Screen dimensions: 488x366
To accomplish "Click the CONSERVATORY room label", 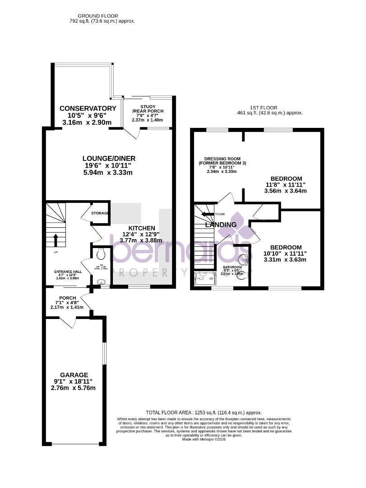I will coord(88,108).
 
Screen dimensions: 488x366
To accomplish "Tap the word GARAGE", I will coord(74,375).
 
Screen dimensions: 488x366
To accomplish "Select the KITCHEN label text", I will coord(142,228).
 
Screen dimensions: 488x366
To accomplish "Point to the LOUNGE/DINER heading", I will coord(109,158).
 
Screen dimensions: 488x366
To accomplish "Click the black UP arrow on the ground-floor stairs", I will coord(56,240).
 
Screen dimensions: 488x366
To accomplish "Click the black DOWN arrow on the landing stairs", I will coord(207,215).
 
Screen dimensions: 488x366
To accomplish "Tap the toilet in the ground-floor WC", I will coord(101,254).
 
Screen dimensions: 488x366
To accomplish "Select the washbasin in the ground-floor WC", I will coord(100,281).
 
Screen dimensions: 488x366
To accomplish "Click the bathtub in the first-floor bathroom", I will coord(205,279).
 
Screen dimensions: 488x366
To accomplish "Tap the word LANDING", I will coord(221,225).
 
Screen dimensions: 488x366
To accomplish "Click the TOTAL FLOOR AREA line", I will coord(204,413).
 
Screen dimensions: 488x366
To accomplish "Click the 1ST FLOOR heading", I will coord(263,108).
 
